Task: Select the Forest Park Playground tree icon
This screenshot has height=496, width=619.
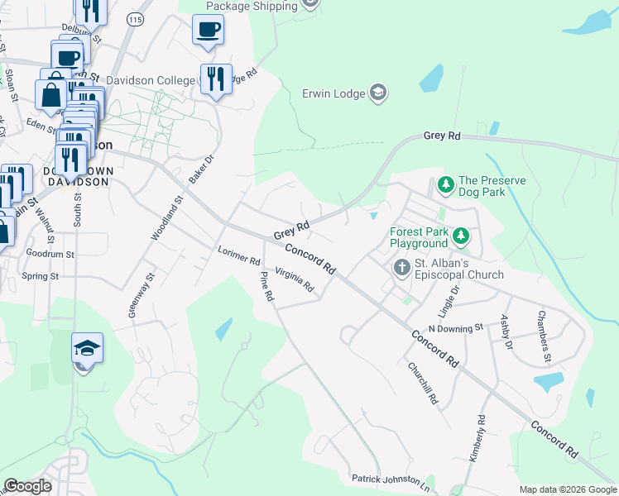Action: [462, 238]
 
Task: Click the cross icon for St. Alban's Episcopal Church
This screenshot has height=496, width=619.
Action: [401, 268]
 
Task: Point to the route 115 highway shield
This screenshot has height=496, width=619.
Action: [135, 17]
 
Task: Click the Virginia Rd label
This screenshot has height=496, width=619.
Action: [295, 280]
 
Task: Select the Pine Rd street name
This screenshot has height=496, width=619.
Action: [266, 286]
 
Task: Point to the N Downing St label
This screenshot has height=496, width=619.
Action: [454, 328]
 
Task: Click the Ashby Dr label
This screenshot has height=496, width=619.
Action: [506, 331]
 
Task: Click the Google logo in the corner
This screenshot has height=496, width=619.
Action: [27, 486]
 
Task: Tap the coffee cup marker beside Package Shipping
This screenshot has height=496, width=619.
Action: [208, 31]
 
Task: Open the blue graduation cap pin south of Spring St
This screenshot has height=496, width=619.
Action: [86, 349]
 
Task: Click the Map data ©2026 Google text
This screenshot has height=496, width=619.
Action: [567, 489]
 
